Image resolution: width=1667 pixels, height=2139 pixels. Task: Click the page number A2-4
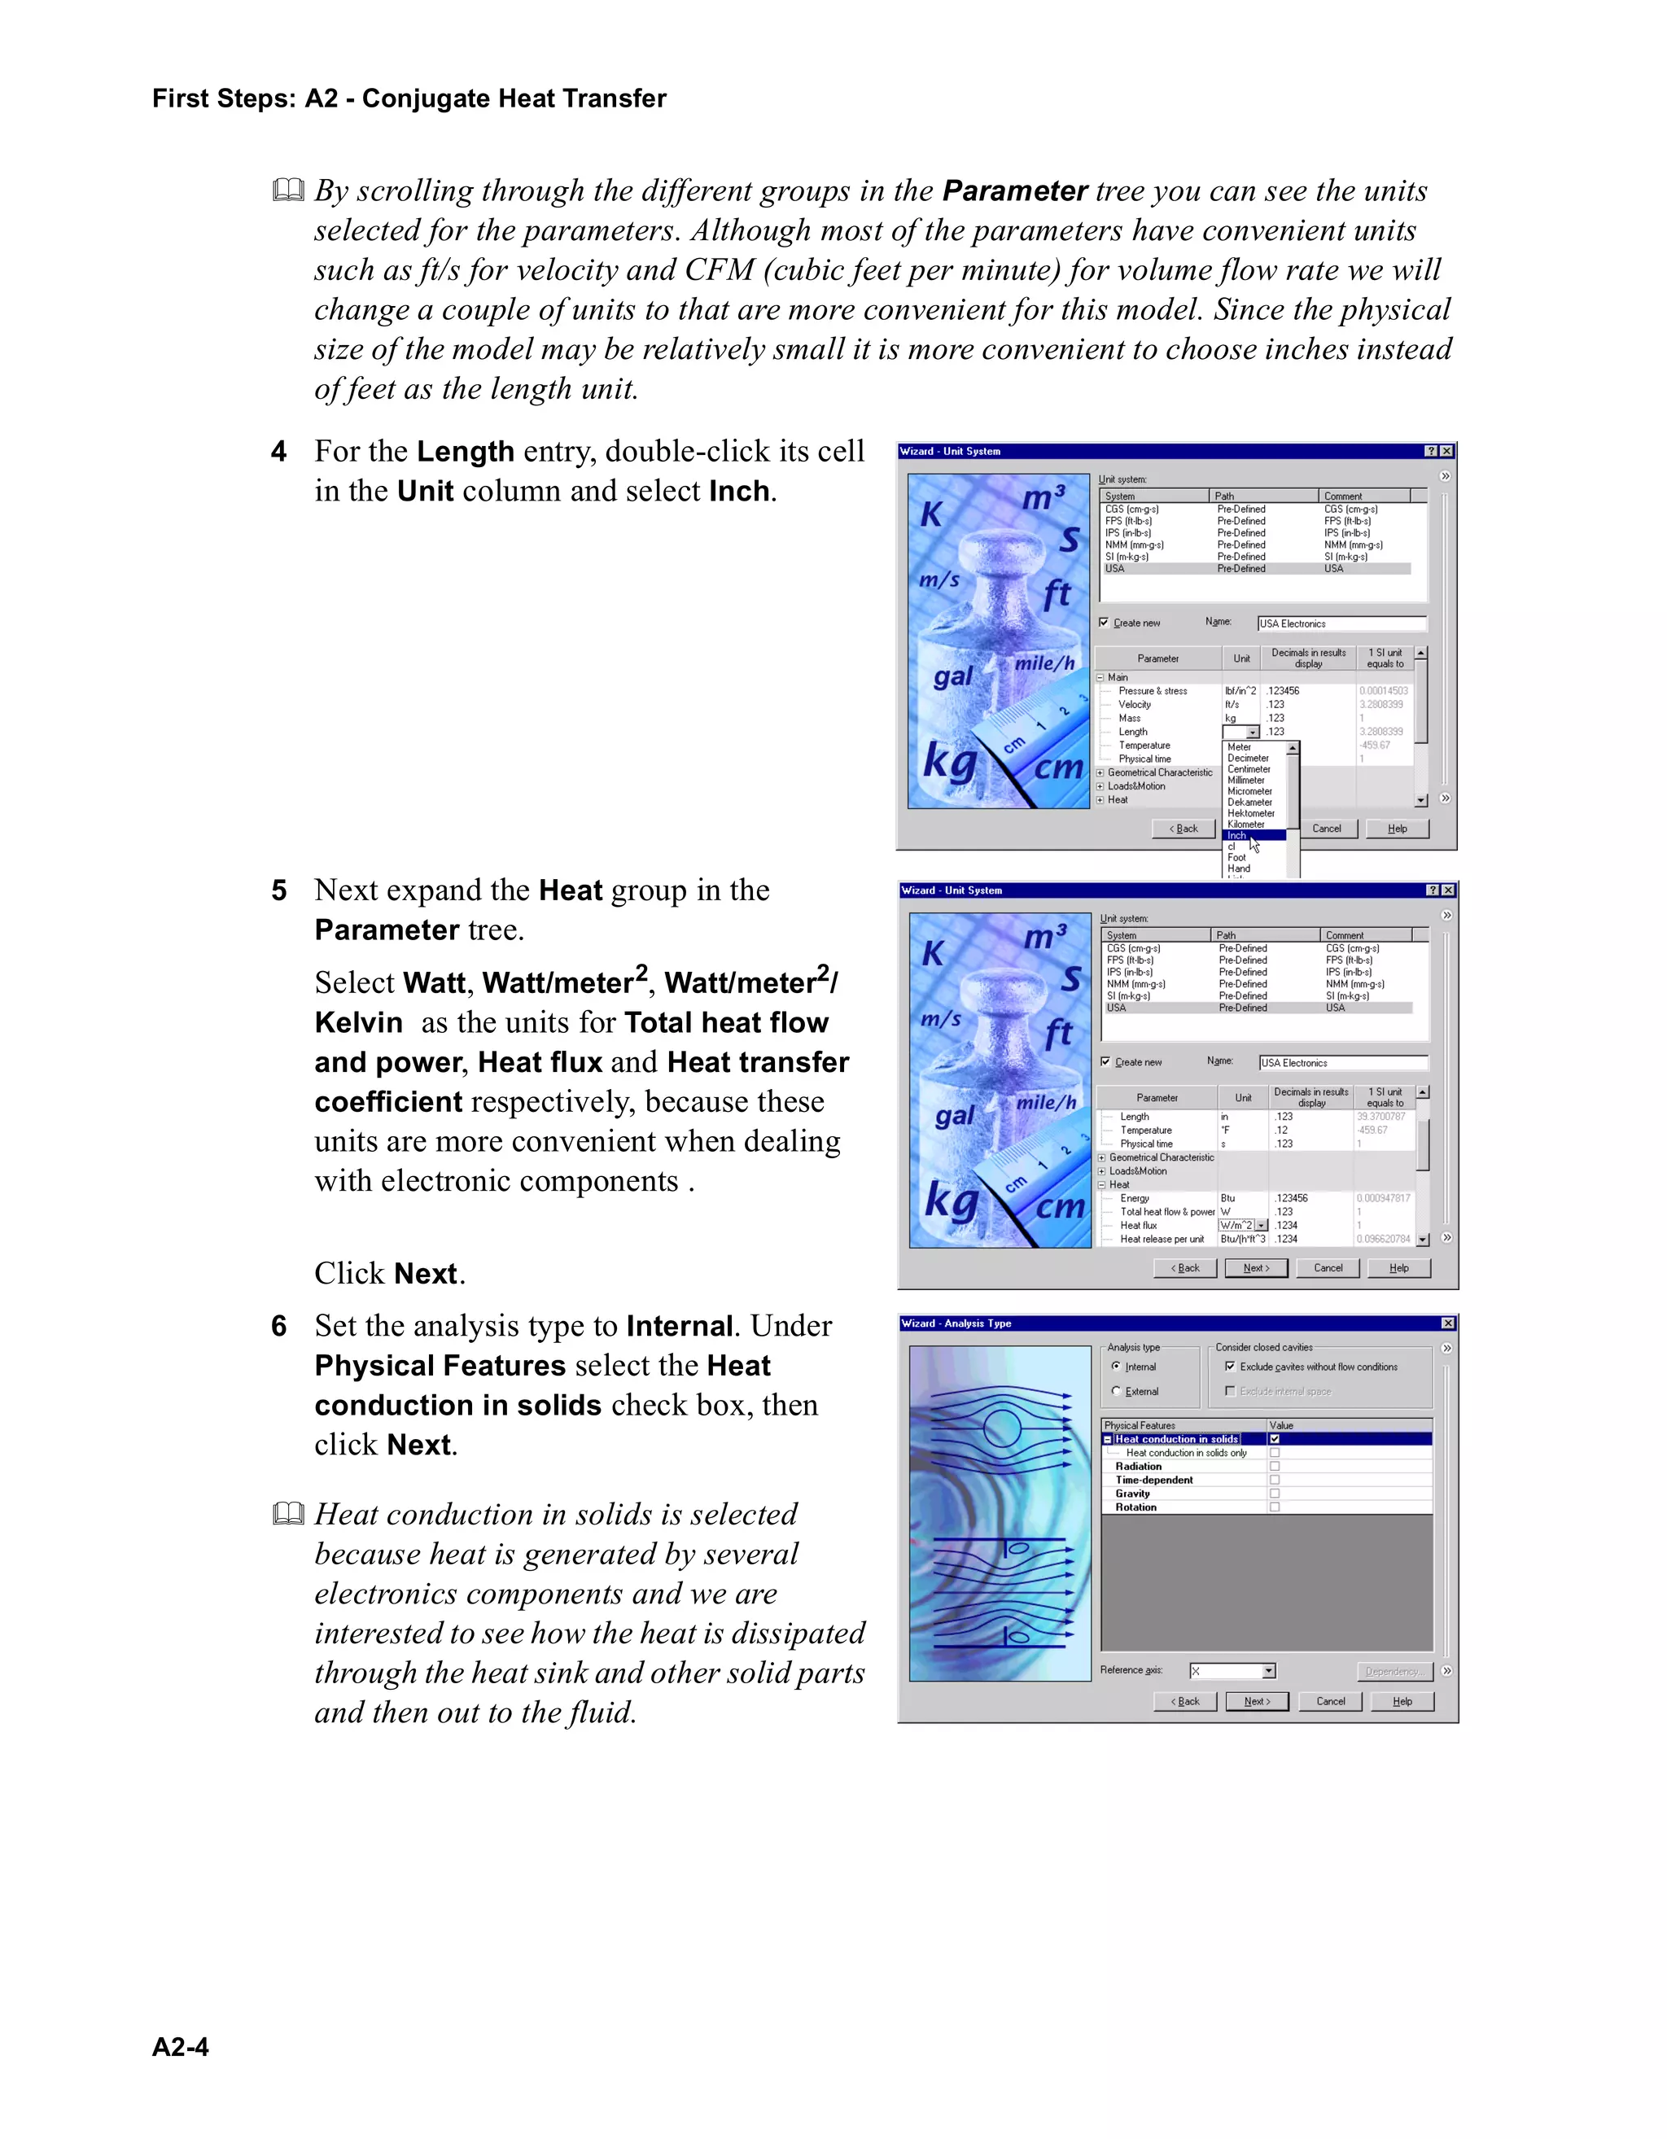pyautogui.click(x=180, y=2048)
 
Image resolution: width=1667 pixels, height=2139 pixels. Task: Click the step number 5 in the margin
pyautogui.click(x=279, y=890)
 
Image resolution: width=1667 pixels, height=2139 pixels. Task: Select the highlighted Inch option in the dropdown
pyautogui.click(x=1239, y=835)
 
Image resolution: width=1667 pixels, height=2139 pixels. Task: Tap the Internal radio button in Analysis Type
pyautogui.click(x=1117, y=1367)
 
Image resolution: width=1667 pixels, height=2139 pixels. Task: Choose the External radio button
pyautogui.click(x=1117, y=1391)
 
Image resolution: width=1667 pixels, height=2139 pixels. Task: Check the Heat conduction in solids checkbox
pyautogui.click(x=1274, y=1439)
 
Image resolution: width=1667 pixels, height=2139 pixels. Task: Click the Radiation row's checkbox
pyautogui.click(x=1274, y=1466)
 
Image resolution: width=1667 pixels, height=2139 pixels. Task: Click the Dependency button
pyautogui.click(x=1394, y=1671)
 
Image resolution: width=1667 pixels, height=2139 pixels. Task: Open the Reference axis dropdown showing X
pyautogui.click(x=1269, y=1671)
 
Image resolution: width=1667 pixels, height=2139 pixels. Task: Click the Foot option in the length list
pyautogui.click(x=1237, y=857)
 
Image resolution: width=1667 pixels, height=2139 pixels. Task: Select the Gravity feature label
pyautogui.click(x=1132, y=1494)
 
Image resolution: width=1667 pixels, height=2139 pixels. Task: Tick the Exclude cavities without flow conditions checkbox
pyautogui.click(x=1230, y=1367)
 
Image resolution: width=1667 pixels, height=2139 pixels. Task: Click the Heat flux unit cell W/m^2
pyautogui.click(x=1237, y=1225)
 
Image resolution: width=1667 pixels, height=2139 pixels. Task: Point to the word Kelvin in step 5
pyautogui.click(x=358, y=1022)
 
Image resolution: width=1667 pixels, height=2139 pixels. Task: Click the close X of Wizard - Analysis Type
pyautogui.click(x=1447, y=1323)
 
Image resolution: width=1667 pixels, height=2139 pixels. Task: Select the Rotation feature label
pyautogui.click(x=1136, y=1507)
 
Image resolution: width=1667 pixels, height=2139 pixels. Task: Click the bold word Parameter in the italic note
pyautogui.click(x=1015, y=191)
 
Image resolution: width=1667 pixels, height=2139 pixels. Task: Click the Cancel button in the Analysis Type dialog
pyautogui.click(x=1330, y=1701)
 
